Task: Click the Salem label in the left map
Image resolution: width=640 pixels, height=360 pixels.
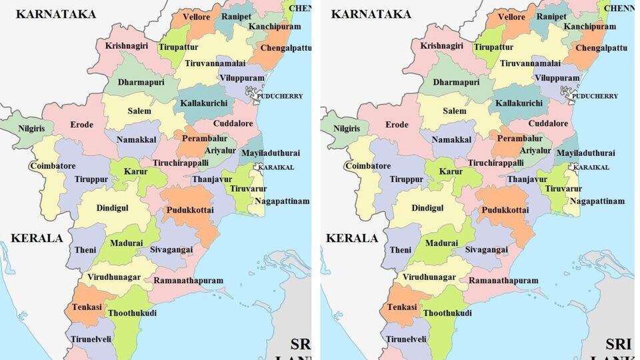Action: pyautogui.click(x=139, y=111)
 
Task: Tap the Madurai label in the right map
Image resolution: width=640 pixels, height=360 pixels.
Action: pyautogui.click(x=441, y=243)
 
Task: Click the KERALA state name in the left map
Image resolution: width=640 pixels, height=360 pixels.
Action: pyautogui.click(x=37, y=238)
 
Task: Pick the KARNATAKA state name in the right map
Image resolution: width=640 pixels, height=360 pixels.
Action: pyautogui.click(x=371, y=13)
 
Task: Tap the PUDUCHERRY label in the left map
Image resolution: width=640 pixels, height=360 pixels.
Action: pyautogui.click(x=280, y=96)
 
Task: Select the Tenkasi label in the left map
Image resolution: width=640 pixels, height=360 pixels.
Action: pyautogui.click(x=87, y=307)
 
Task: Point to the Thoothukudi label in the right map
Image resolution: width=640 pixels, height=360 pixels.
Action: pyautogui.click(x=447, y=313)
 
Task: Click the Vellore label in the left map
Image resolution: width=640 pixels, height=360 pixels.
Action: pyautogui.click(x=197, y=17)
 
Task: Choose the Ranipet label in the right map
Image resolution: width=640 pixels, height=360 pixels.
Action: pyautogui.click(x=551, y=16)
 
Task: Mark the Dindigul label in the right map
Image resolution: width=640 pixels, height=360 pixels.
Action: pyautogui.click(x=427, y=208)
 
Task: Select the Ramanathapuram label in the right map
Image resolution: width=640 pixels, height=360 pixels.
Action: pyautogui.click(x=503, y=281)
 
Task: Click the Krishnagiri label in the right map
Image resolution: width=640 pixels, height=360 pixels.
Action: pyautogui.click(x=441, y=46)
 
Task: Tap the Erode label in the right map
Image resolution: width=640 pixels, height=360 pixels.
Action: pyautogui.click(x=397, y=125)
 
